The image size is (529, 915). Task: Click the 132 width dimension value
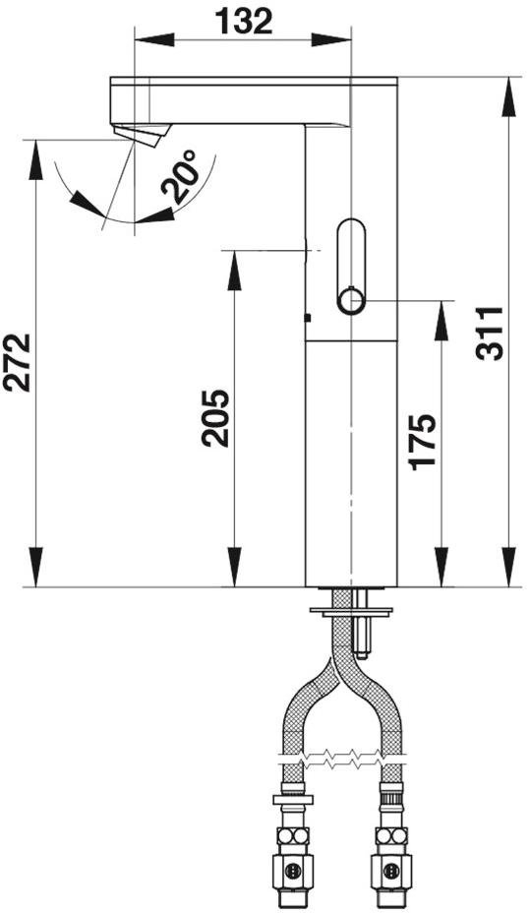244,22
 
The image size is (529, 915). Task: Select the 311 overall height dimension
489,334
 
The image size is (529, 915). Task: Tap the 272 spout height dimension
17,362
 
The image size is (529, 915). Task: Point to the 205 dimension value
215,418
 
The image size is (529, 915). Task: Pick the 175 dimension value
422,441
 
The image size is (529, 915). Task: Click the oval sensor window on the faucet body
351,267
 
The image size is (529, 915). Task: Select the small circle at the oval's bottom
351,301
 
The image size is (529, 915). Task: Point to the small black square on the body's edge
308,318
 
